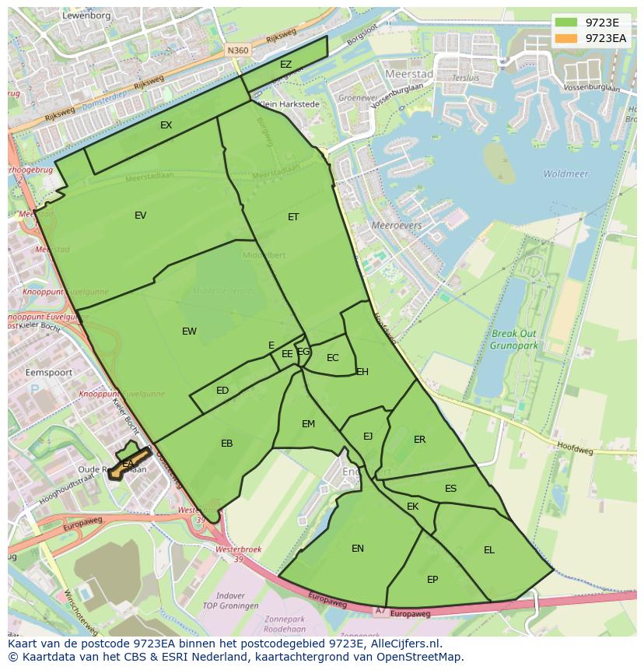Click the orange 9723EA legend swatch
tap(566, 37)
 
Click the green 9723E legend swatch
tap(566, 23)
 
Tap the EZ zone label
tap(285, 65)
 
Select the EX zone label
tap(166, 125)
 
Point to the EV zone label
tap(140, 216)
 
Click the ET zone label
tap(293, 217)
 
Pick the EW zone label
tap(189, 331)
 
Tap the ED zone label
tap(222, 391)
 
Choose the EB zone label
tap(226, 444)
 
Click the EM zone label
tap(308, 424)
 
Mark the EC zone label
tap(332, 359)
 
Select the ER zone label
tap(419, 440)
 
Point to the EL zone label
tap(488, 550)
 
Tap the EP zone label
tap(432, 580)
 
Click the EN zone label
tap(357, 549)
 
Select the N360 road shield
tap(237, 50)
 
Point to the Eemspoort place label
tap(48, 373)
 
